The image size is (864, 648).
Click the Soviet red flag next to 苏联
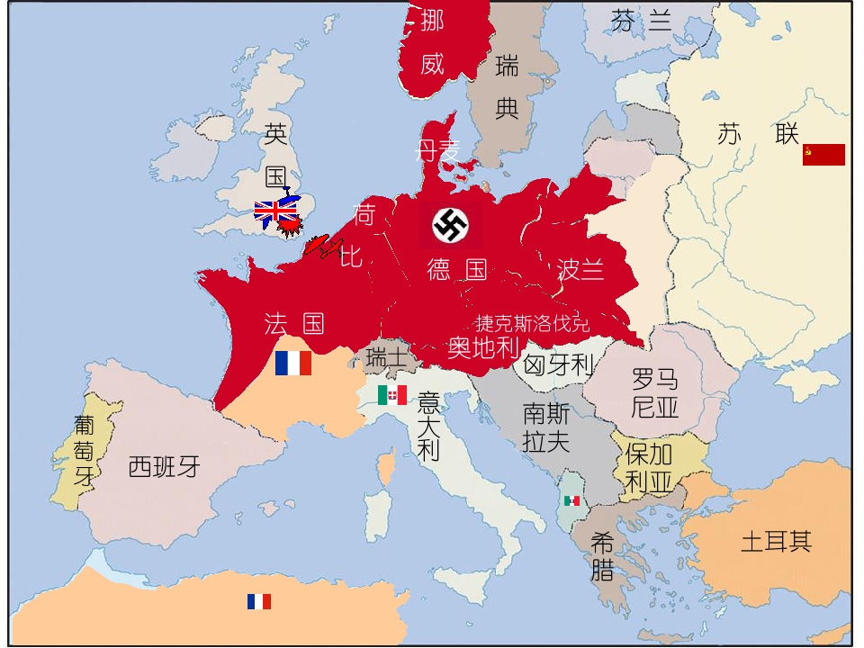pos(823,155)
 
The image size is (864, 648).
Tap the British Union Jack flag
pos(275,212)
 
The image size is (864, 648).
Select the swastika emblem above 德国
pos(450,225)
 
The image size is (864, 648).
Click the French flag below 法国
pos(293,364)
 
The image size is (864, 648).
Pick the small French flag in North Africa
pos(259,601)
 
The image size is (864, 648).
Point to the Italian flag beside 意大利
pos(392,395)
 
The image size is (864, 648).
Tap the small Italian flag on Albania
pos(571,500)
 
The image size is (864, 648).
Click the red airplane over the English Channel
pos(323,247)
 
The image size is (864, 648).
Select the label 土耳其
pos(776,542)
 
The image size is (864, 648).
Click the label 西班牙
pos(164,467)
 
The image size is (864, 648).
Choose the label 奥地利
pos(484,346)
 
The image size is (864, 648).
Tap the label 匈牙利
pos(558,365)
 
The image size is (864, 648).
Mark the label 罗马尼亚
pos(655,392)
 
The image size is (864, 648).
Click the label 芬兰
pos(642,20)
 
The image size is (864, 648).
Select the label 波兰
pos(580,269)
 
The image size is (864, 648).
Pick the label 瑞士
pos(387,358)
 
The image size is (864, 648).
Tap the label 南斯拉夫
pos(546,428)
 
